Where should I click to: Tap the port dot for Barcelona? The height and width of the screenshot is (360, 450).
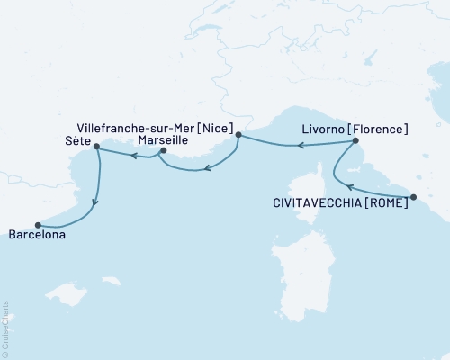click(38, 224)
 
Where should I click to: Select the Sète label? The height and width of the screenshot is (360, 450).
click(77, 141)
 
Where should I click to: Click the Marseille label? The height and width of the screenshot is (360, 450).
click(139, 141)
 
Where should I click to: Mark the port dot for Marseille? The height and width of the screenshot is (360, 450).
click(163, 150)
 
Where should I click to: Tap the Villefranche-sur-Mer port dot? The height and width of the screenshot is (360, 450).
click(238, 137)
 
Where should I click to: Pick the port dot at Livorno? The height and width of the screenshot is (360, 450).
click(355, 140)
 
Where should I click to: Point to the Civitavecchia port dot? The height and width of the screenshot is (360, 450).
click(412, 196)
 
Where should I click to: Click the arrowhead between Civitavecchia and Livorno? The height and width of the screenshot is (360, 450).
click(347, 186)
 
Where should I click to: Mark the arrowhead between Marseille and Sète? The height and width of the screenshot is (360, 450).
click(132, 156)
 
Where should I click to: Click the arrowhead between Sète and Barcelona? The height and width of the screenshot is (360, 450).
click(95, 201)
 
